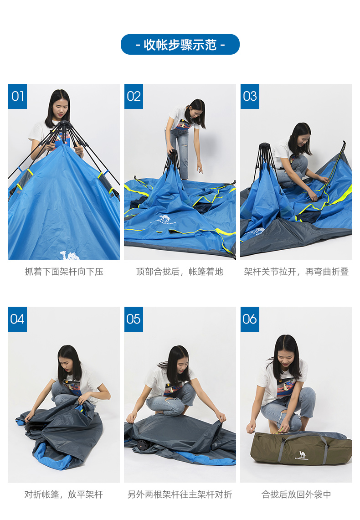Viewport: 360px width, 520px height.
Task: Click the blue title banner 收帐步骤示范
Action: pyautogui.click(x=180, y=45)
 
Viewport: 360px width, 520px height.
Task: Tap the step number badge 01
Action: pyautogui.click(x=17, y=96)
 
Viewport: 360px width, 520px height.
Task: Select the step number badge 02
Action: pyautogui.click(x=134, y=96)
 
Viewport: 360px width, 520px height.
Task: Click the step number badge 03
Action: pyautogui.click(x=250, y=96)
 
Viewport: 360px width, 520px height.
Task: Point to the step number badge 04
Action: pyautogui.click(x=17, y=319)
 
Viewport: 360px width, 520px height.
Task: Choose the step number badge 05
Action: pyautogui.click(x=134, y=319)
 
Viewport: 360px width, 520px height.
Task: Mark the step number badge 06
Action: pyautogui.click(x=250, y=319)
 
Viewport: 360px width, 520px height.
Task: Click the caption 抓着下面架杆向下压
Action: pyautogui.click(x=64, y=272)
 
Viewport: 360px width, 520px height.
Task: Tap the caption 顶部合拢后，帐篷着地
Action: pyautogui.click(x=180, y=272)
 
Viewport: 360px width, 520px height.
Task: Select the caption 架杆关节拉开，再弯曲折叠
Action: pyautogui.click(x=296, y=272)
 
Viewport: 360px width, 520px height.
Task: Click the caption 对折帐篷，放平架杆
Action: pyautogui.click(x=64, y=494)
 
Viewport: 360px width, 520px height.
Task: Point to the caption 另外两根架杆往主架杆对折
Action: pyautogui.click(x=180, y=494)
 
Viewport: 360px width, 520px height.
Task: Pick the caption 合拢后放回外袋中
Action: pyautogui.click(x=296, y=494)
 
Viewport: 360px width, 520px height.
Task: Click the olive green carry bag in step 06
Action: pyautogui.click(x=301, y=448)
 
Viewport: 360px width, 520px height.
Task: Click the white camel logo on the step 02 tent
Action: pyautogui.click(x=165, y=218)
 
